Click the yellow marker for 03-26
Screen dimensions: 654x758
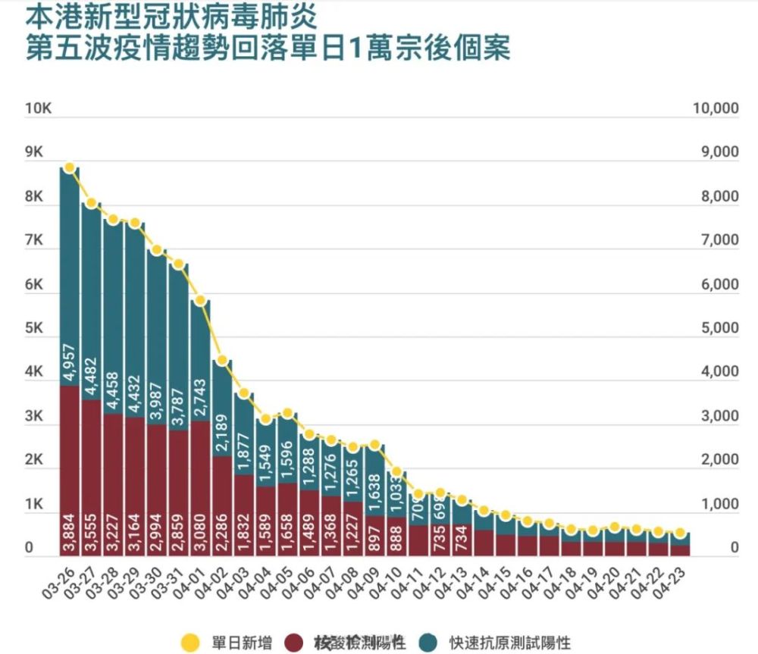point(70,167)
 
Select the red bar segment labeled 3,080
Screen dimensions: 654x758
point(200,470)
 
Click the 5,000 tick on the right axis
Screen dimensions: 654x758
point(716,328)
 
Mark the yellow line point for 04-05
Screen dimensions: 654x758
point(287,413)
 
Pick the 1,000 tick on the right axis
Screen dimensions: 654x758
point(716,504)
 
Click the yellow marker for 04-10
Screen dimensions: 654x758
point(396,472)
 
